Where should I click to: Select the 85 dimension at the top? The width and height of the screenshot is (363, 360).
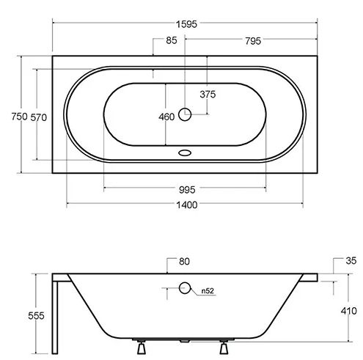pyautogui.click(x=171, y=41)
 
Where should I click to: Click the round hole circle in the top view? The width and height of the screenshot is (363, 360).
pyautogui.click(x=186, y=115)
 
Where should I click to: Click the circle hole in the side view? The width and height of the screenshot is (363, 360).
pyautogui.click(x=186, y=289)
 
